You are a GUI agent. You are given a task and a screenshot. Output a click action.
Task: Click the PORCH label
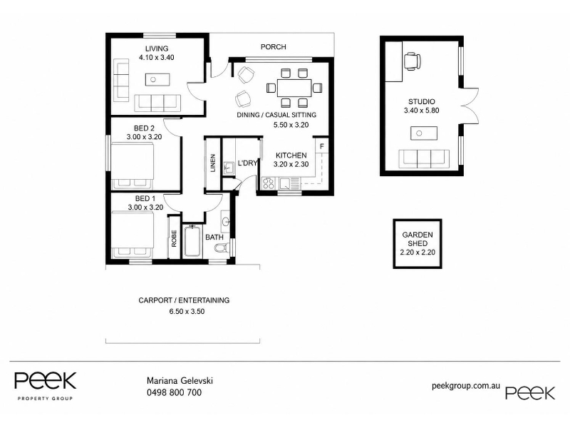coord(274,47)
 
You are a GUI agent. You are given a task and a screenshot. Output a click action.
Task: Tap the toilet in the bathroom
coord(221,248)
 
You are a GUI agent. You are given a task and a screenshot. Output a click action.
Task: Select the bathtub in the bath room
coord(192,242)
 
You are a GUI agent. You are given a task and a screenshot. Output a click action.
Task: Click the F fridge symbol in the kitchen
coord(322,147)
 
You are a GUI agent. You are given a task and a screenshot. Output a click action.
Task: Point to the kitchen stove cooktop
coord(269,183)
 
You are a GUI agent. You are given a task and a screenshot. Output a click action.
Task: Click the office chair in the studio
coord(413,61)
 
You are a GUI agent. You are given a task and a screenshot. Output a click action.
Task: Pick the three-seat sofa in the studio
coord(424,158)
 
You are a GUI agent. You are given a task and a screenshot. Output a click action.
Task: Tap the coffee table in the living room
coord(157,79)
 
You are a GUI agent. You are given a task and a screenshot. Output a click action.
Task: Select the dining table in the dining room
coord(294,88)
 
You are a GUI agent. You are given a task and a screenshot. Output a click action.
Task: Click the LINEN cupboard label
coord(212,163)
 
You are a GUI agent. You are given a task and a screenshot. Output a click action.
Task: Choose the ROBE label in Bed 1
coord(174,238)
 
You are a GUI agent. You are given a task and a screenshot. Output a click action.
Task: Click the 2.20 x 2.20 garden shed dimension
coord(418,253)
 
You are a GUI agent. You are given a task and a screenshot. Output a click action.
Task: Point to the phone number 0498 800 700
coord(174,392)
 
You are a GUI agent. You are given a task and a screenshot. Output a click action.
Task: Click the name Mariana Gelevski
coord(180,381)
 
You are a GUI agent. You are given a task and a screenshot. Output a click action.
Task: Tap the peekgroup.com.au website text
coord(466,386)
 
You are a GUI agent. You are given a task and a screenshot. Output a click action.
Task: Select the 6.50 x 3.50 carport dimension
coord(187,312)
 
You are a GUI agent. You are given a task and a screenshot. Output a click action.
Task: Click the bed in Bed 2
coord(133,166)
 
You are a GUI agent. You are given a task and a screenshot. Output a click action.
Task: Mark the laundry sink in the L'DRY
coord(229,168)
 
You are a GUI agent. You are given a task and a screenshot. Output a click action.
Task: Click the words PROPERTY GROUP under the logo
coord(45,399)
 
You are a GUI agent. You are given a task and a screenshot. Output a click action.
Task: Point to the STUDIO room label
coord(421,101)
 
